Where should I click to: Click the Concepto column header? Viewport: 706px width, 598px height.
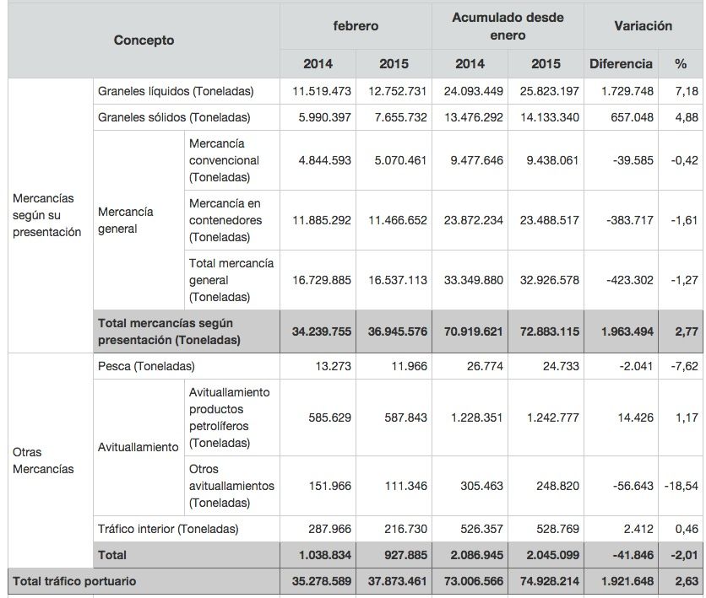coord(144,40)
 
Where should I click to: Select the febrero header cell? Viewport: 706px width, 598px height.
coord(356,26)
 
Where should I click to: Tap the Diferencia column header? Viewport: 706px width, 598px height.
coord(621,63)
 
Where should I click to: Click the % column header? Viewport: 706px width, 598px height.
coord(681,63)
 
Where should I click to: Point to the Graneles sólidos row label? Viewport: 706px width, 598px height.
coord(174,117)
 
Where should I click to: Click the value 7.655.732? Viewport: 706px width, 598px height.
coord(394,117)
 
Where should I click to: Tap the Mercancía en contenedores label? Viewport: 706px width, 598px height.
coord(225,220)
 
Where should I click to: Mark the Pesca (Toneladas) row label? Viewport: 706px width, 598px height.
coord(146,366)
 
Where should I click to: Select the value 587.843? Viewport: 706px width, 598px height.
coord(394,418)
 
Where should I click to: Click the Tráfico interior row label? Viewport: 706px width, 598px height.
coord(168,529)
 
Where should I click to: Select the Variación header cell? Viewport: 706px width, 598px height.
coord(644,26)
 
